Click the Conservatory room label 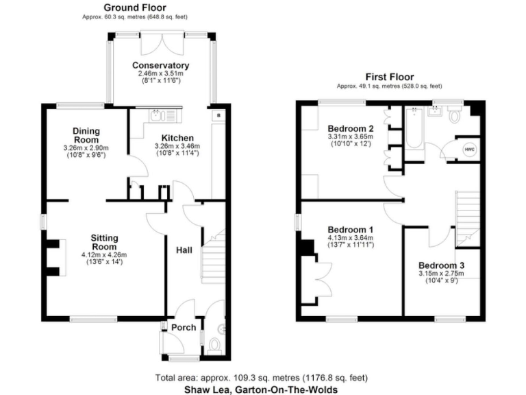click(161, 65)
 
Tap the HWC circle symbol click(470, 149)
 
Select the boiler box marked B click(218, 115)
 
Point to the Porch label click(184, 328)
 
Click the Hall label click(184, 250)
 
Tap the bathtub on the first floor click(414, 128)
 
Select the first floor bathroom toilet click(455, 115)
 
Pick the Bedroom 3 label click(442, 265)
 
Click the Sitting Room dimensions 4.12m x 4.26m click(104, 255)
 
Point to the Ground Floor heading click(135, 8)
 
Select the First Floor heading click(390, 77)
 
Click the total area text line click(262, 378)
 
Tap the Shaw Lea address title click(261, 390)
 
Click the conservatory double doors click(162, 43)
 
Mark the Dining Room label click(86, 135)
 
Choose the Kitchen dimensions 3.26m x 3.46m click(177, 146)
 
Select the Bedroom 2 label click(351, 129)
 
